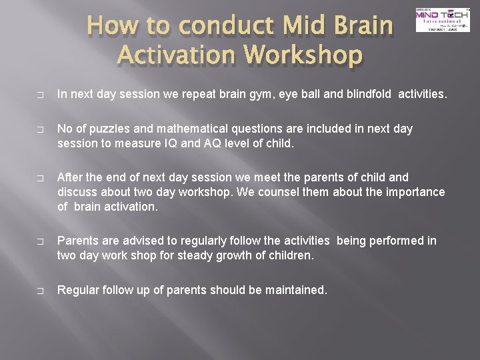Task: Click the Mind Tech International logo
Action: coord(442,19)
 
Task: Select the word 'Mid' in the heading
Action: coord(300,26)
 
